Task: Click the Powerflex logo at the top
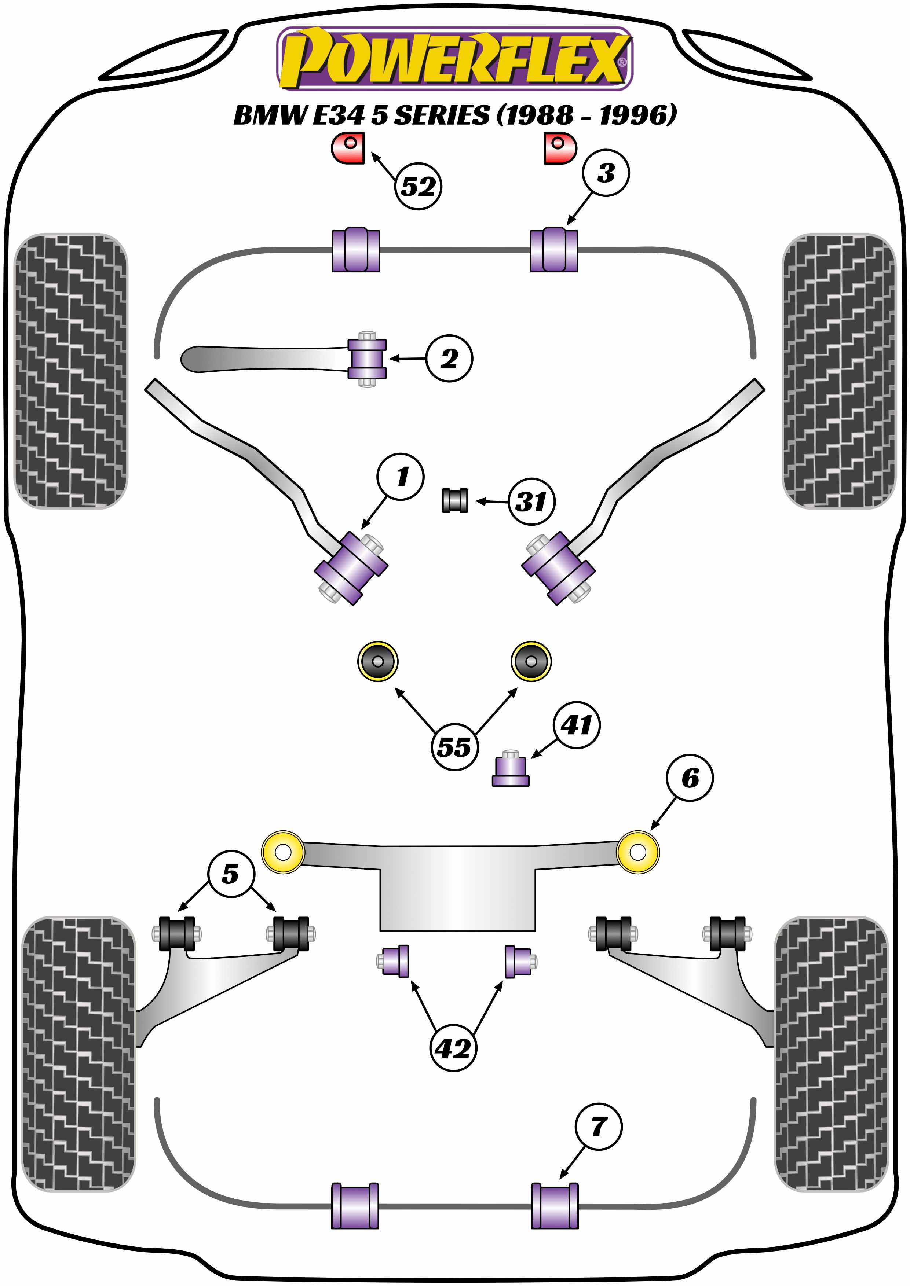(x=454, y=58)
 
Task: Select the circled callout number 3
(x=606, y=173)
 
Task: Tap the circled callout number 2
(x=449, y=359)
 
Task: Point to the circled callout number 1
(x=401, y=477)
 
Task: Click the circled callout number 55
(x=454, y=747)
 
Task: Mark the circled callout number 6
(x=690, y=778)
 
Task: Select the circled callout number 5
(x=230, y=874)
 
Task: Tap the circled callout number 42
(x=453, y=1048)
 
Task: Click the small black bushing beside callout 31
(x=455, y=501)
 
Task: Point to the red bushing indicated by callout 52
(x=348, y=148)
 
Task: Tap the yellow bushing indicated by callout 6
(x=638, y=852)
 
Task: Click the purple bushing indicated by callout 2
(x=367, y=359)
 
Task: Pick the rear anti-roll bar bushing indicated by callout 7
(x=554, y=1206)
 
